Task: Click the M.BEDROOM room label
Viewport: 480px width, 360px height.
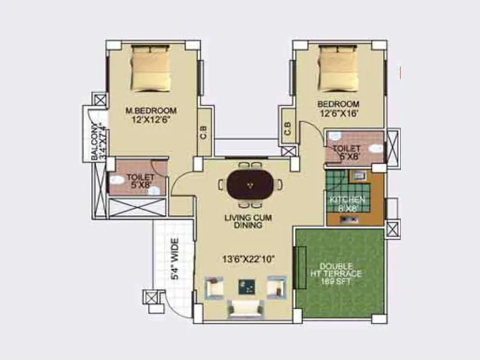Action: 151,110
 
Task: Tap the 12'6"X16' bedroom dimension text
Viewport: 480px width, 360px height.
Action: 338,114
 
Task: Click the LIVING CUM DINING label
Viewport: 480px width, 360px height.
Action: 248,221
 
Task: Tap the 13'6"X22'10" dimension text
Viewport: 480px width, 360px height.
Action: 248,259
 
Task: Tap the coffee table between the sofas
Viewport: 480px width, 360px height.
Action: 246,287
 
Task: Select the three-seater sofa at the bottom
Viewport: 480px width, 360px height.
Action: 246,308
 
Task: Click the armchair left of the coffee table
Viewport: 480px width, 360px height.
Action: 214,287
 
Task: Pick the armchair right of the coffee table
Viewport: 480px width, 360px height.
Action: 277,287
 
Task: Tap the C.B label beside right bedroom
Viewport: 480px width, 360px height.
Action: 287,128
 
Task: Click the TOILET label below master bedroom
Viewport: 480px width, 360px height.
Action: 140,178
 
